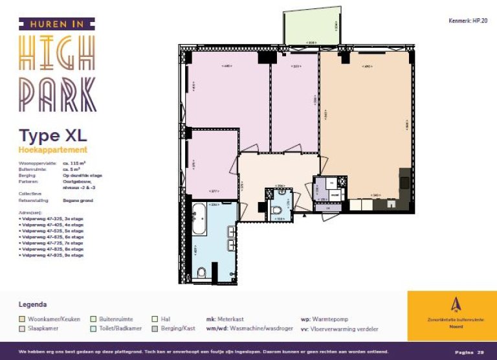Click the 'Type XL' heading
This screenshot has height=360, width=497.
pyautogui.click(x=52, y=136)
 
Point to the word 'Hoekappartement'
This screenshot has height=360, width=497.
pyautogui.click(x=53, y=150)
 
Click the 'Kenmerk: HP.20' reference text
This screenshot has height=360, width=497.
pyautogui.click(x=467, y=21)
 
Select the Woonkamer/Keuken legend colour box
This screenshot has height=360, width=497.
pyautogui.click(x=23, y=319)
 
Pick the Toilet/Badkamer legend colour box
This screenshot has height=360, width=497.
pyautogui.click(x=93, y=329)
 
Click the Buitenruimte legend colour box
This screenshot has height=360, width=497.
pyautogui.click(x=93, y=319)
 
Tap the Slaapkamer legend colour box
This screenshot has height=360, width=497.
pyautogui.click(x=23, y=329)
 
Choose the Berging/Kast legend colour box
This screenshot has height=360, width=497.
pyautogui.click(x=155, y=329)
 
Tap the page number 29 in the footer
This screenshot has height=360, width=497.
pyautogui.click(x=480, y=352)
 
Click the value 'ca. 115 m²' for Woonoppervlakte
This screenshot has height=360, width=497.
pyautogui.click(x=75, y=163)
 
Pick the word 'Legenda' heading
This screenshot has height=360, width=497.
pyautogui.click(x=33, y=304)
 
